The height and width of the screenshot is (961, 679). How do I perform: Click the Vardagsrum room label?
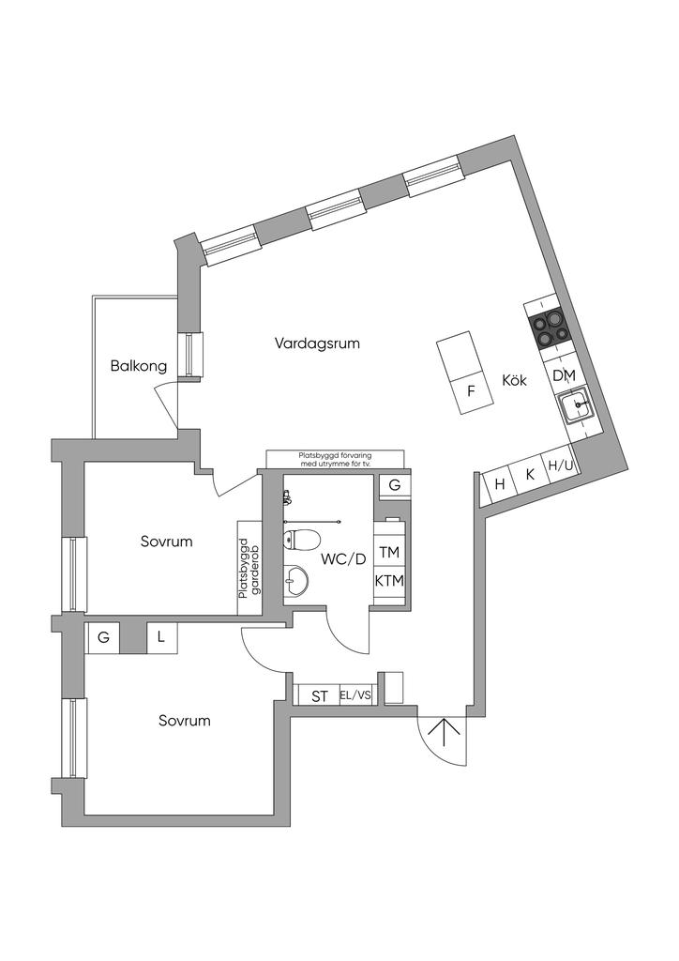tap(317, 343)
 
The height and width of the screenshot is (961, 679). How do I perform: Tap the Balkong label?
tap(138, 365)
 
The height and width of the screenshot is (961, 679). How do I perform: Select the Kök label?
tap(515, 381)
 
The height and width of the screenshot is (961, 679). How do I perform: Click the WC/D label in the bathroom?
tap(344, 559)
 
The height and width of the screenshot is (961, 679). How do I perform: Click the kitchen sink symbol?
tap(576, 406)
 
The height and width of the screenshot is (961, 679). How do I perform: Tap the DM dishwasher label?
tap(563, 375)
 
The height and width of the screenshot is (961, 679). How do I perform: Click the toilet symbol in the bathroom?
tap(302, 540)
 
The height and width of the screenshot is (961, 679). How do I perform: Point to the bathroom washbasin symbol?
tap(296, 579)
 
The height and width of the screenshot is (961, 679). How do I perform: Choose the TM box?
tap(389, 552)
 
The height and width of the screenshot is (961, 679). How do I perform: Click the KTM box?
tap(389, 581)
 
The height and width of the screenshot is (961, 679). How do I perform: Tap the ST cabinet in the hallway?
tap(320, 696)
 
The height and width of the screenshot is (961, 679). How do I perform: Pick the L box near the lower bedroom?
tap(161, 638)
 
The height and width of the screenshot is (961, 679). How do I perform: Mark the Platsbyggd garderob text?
tap(249, 568)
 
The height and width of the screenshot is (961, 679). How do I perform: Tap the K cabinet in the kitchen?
tap(530, 474)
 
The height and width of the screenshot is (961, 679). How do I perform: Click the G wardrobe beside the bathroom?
tap(394, 485)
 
